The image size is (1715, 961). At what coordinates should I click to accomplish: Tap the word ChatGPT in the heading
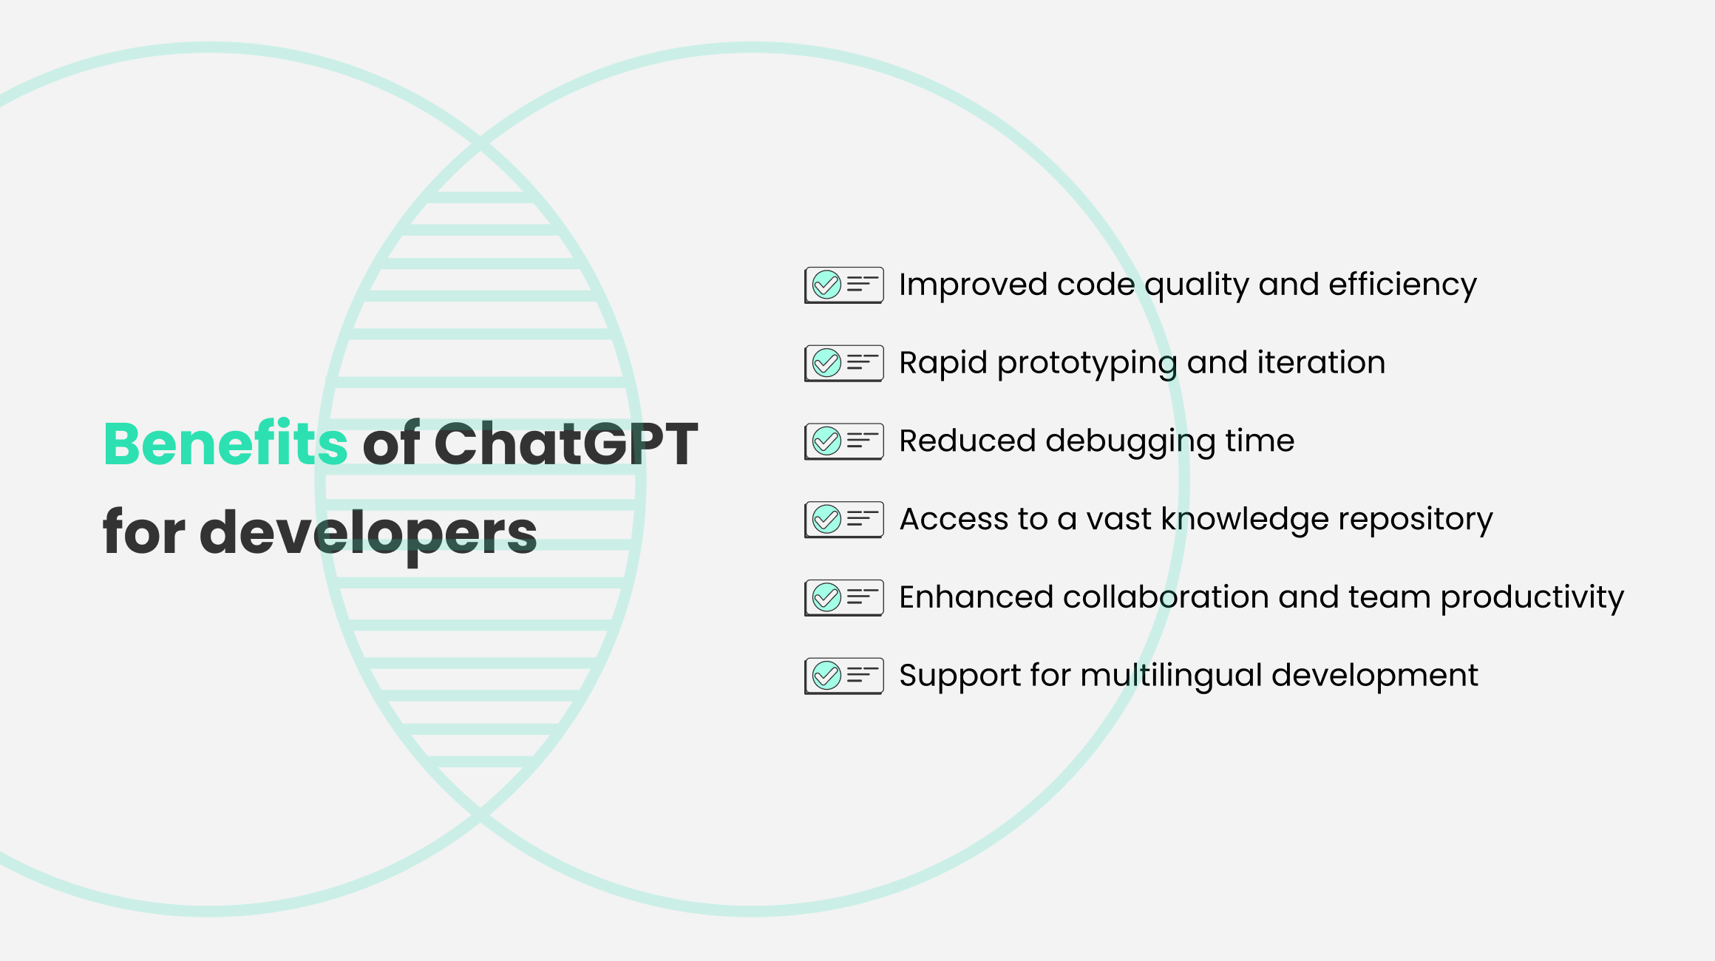click(566, 444)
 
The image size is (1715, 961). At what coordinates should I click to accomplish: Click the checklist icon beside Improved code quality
click(844, 285)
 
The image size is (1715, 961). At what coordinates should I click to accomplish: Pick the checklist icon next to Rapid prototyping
click(844, 363)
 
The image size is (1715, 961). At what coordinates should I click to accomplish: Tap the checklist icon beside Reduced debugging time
click(844, 441)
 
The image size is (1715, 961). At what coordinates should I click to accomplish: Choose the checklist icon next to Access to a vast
click(844, 520)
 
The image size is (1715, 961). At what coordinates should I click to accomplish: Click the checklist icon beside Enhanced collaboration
click(844, 597)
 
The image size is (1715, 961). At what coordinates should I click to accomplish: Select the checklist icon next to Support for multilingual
click(844, 676)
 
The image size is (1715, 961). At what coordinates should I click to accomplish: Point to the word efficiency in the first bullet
click(1402, 285)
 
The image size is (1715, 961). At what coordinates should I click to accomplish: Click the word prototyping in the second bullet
click(1087, 364)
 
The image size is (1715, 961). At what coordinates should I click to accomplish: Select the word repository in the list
click(1415, 520)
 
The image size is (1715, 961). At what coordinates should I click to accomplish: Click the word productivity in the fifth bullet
click(1532, 598)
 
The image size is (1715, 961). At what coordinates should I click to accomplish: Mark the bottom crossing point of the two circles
click(480, 815)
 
